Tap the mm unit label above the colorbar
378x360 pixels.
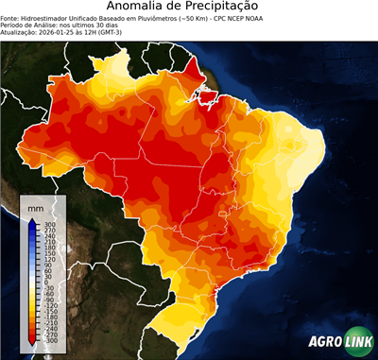[36, 206]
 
